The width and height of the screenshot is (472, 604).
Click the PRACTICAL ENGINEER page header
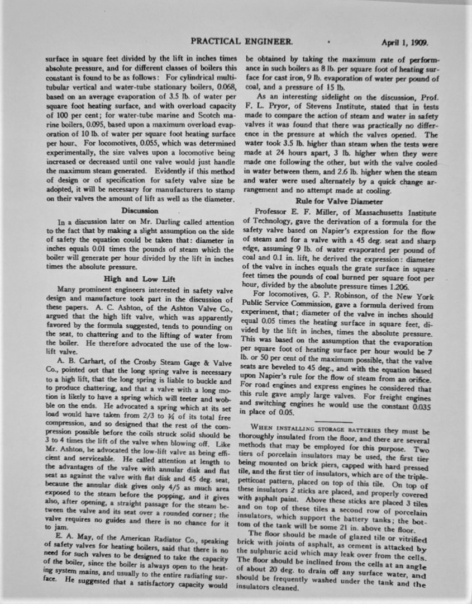[x=241, y=41]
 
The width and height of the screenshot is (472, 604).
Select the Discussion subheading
[x=140, y=210]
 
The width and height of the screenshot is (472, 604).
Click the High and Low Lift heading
[x=139, y=278]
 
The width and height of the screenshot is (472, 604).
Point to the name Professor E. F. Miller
[x=290, y=211]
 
